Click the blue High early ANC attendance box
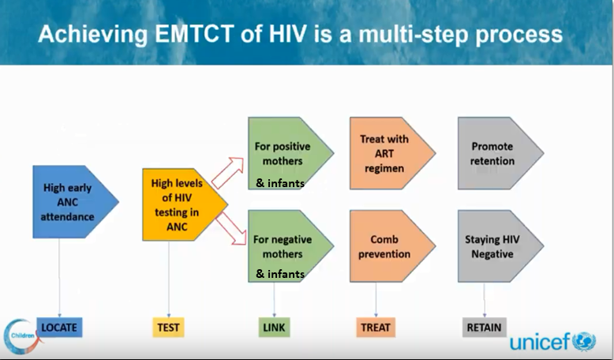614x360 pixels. point(71,202)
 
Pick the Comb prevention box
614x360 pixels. point(386,246)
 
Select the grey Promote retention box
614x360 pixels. point(494,153)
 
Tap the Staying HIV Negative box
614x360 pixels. point(494,246)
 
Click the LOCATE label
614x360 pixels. point(60,327)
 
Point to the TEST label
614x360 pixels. point(167,327)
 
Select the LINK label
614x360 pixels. point(274,327)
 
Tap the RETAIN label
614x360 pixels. point(484,327)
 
